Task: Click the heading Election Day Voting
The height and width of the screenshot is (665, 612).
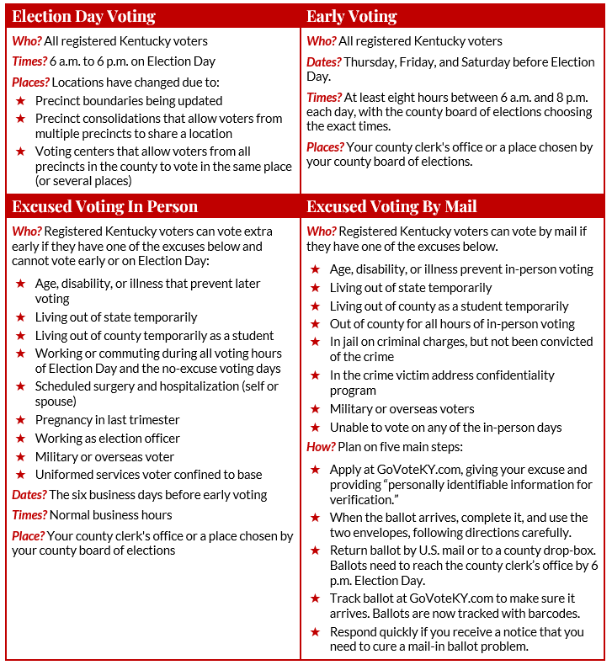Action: point(84,17)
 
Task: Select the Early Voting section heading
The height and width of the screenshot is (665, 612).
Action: point(352,17)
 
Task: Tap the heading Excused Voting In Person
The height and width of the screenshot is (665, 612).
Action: point(105,207)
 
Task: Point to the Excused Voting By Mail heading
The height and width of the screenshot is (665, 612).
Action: point(391,207)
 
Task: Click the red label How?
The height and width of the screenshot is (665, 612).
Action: point(321,446)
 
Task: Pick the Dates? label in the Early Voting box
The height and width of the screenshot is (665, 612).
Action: point(324,61)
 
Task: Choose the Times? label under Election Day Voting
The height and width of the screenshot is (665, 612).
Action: point(29,61)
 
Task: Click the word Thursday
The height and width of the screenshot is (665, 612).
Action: point(371,61)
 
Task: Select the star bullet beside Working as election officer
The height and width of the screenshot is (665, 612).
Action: point(20,439)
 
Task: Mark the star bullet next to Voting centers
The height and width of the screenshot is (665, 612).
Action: point(20,152)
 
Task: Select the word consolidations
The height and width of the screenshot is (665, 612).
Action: point(123,119)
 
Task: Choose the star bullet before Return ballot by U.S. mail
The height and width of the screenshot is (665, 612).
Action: point(315,551)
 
